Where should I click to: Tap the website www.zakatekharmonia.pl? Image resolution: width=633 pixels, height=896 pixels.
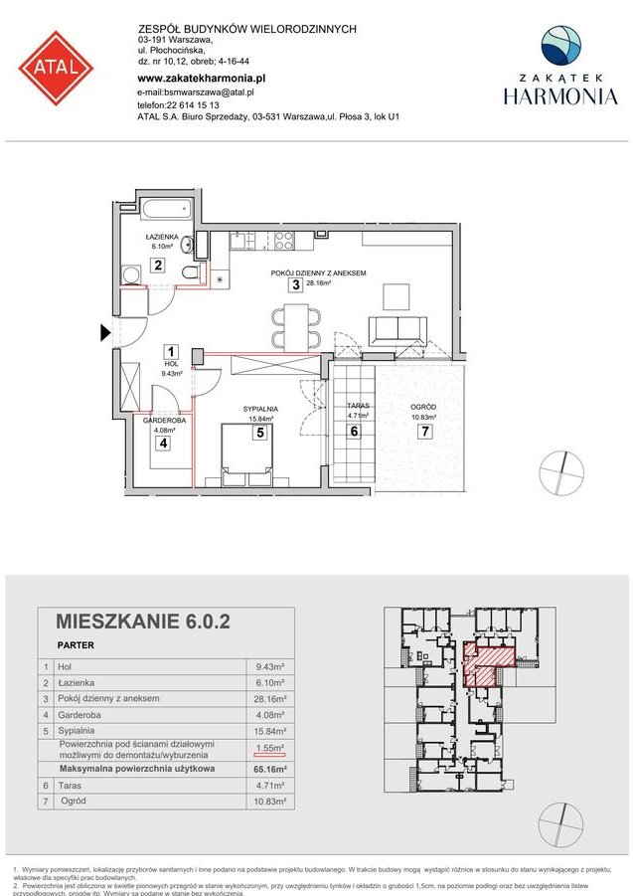coord(201,78)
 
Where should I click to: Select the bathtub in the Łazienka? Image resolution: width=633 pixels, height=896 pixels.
coord(166,211)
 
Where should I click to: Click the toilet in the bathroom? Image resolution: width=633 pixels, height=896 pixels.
coord(192,272)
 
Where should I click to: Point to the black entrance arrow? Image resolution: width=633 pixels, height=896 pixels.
coord(104,334)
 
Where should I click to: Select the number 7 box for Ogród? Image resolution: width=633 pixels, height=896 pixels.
coord(424,432)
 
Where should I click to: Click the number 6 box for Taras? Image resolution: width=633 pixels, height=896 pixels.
coord(354,432)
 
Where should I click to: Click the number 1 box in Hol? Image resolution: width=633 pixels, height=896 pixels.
coord(171,351)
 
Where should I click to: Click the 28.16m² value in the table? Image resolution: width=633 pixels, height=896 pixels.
coord(267,699)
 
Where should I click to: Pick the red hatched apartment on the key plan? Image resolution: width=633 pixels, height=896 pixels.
coord(489,662)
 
